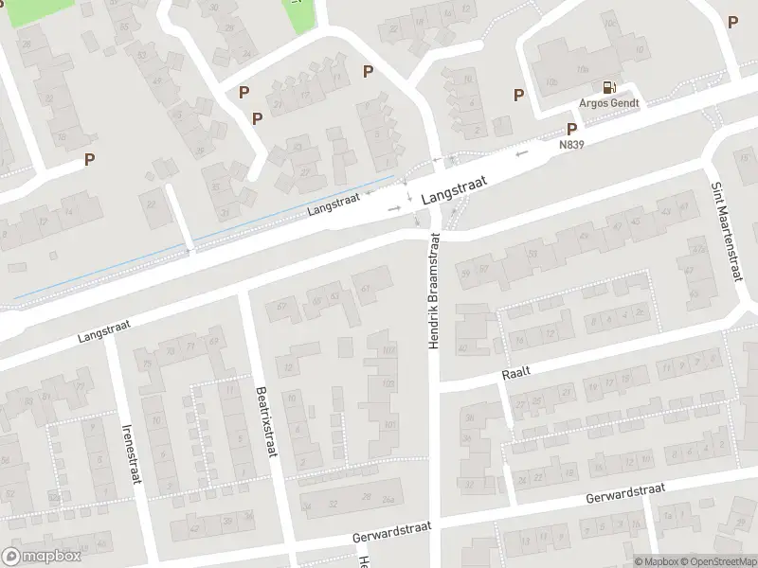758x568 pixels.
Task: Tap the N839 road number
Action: (x=571, y=145)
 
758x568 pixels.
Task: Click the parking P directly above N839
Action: (x=571, y=129)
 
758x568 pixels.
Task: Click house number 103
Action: (x=387, y=350)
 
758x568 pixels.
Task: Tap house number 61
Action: (x=365, y=287)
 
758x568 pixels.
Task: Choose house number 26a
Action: (x=387, y=501)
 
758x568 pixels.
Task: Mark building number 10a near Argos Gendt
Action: (x=551, y=83)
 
